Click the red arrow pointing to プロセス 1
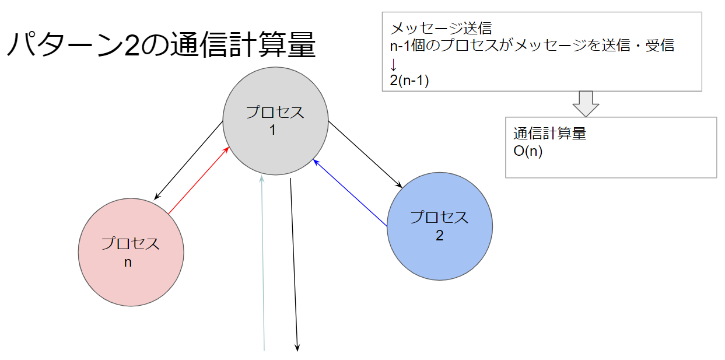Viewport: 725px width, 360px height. pos(197,181)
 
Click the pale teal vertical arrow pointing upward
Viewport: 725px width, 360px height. pos(264,263)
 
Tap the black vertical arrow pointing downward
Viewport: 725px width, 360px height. pos(294,263)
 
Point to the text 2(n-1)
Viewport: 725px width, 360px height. pos(409,81)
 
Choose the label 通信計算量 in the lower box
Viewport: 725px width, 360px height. pos(549,134)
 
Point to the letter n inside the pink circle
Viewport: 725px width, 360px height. pos(128,262)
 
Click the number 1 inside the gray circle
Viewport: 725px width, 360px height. pos(272,130)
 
